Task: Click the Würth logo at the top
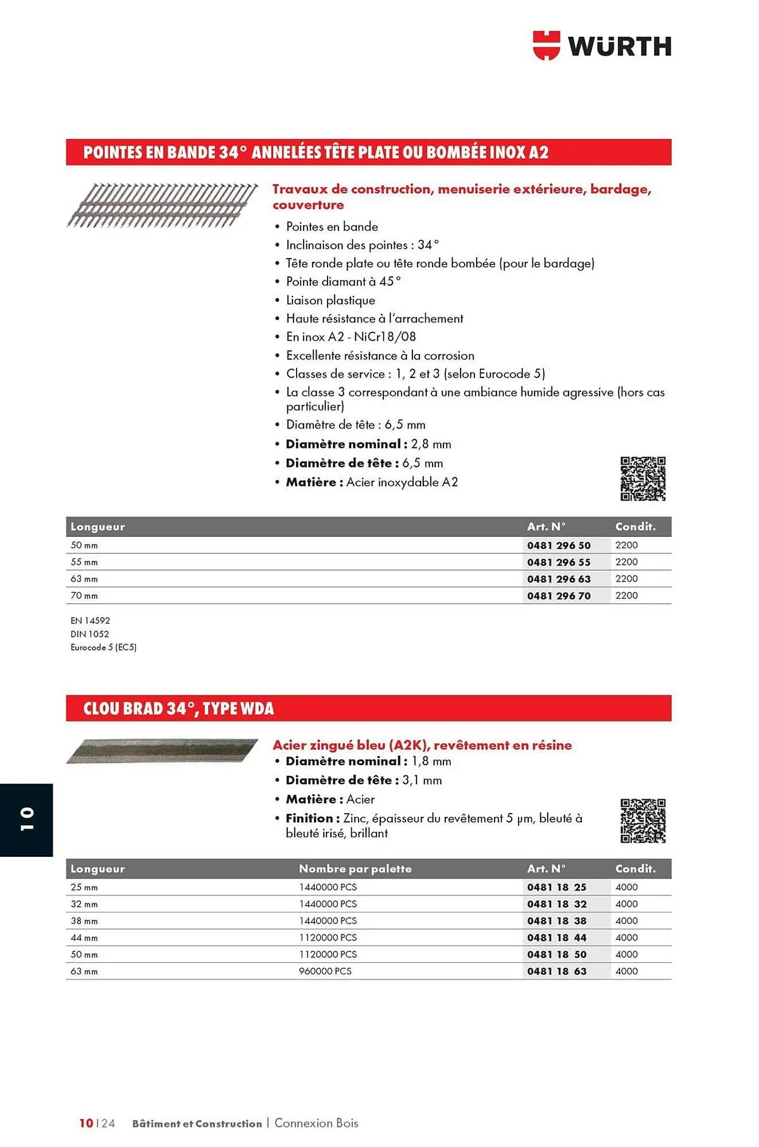pos(602,46)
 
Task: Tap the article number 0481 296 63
pos(558,579)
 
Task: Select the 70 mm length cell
pos(84,596)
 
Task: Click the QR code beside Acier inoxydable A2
pos(643,479)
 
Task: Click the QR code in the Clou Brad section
pos(643,821)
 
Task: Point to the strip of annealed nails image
pos(162,205)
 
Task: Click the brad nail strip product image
pos(162,751)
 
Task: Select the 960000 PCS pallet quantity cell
pos(325,971)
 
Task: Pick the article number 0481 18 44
pos(556,938)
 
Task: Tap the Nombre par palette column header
pos(355,869)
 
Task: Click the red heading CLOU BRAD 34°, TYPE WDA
pos(178,708)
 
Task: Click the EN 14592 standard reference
pos(90,621)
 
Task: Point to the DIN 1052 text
pos(89,634)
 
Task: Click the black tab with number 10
pos(26,820)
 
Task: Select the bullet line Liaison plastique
pos(330,300)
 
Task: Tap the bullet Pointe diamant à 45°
pos(343,282)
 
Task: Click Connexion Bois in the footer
pos(316,1123)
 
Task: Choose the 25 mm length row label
pos(84,887)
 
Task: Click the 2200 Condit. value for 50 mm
pos(626,545)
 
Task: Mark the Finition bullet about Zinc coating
pos(433,825)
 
